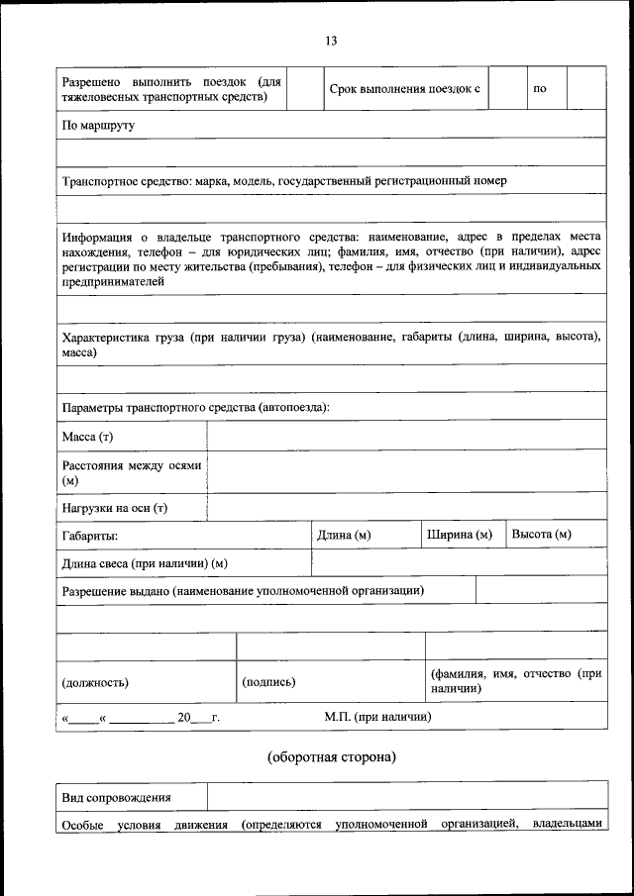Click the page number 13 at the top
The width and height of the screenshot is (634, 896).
tap(331, 41)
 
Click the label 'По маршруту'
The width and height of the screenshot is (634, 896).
tap(98, 126)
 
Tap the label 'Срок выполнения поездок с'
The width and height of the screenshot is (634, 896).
tap(404, 89)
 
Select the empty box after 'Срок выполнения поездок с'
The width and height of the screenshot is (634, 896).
tap(506, 89)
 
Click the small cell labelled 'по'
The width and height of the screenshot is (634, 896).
tap(540, 89)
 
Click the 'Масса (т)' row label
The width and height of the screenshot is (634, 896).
tap(88, 437)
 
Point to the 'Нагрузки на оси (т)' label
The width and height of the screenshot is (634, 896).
tap(115, 508)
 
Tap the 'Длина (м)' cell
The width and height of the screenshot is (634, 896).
tap(344, 536)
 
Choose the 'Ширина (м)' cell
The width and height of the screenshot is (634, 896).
tap(460, 536)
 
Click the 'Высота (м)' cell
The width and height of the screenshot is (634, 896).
tap(542, 536)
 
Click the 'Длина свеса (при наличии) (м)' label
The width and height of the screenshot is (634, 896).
tap(145, 563)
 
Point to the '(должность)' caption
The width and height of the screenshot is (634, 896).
tap(95, 682)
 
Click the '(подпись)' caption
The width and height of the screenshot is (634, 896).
tap(268, 682)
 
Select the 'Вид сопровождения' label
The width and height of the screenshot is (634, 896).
tap(116, 797)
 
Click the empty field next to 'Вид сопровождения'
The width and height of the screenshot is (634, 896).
tap(406, 797)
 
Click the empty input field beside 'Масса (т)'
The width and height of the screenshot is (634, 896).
tap(406, 436)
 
